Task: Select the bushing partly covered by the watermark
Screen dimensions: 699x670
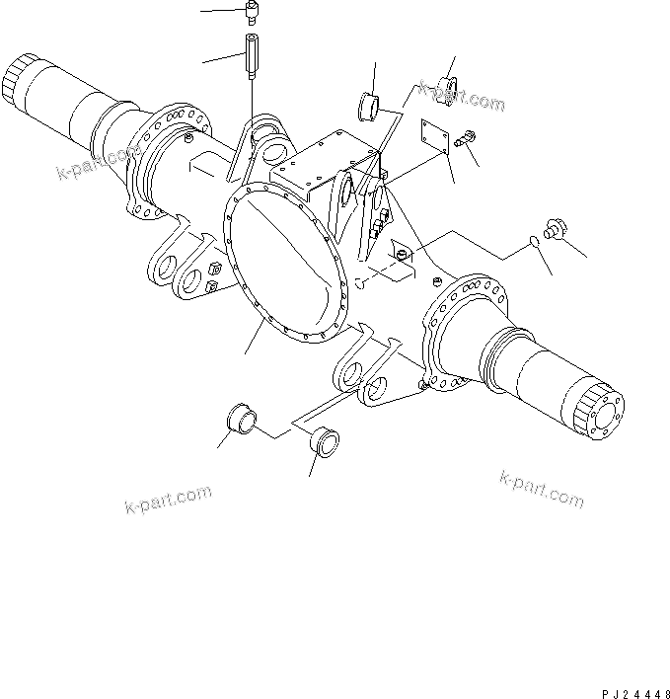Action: pyautogui.click(x=445, y=85)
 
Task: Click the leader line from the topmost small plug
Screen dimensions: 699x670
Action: pyautogui.click(x=221, y=11)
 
